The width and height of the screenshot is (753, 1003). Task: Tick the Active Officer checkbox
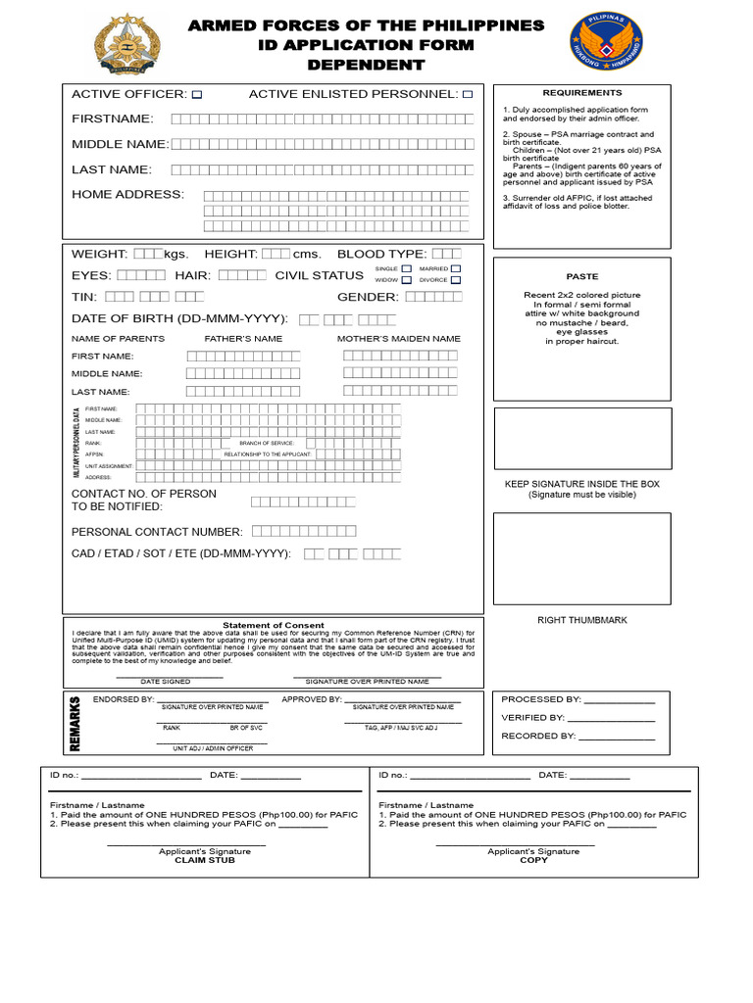coord(197,95)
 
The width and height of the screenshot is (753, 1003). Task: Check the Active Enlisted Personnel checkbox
coord(468,95)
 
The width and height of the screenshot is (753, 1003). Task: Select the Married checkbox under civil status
coord(455,267)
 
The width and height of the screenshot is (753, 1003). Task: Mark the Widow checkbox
coord(405,279)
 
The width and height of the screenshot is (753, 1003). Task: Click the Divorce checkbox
coord(455,279)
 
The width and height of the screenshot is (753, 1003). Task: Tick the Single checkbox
coord(405,267)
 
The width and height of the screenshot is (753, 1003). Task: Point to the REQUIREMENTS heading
coord(582,92)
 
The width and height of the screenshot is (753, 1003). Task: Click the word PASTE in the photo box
coord(581,276)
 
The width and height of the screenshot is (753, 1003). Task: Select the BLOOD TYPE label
coord(381,254)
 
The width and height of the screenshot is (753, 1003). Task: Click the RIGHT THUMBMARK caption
coord(581,620)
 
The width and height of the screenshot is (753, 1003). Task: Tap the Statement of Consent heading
coord(273,625)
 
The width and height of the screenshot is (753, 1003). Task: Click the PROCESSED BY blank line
coord(619,700)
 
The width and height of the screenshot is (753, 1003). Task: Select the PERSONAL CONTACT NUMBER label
coord(157,532)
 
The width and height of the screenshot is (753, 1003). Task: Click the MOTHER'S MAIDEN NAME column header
coord(398,339)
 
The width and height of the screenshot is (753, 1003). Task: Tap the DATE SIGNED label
coord(166,681)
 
